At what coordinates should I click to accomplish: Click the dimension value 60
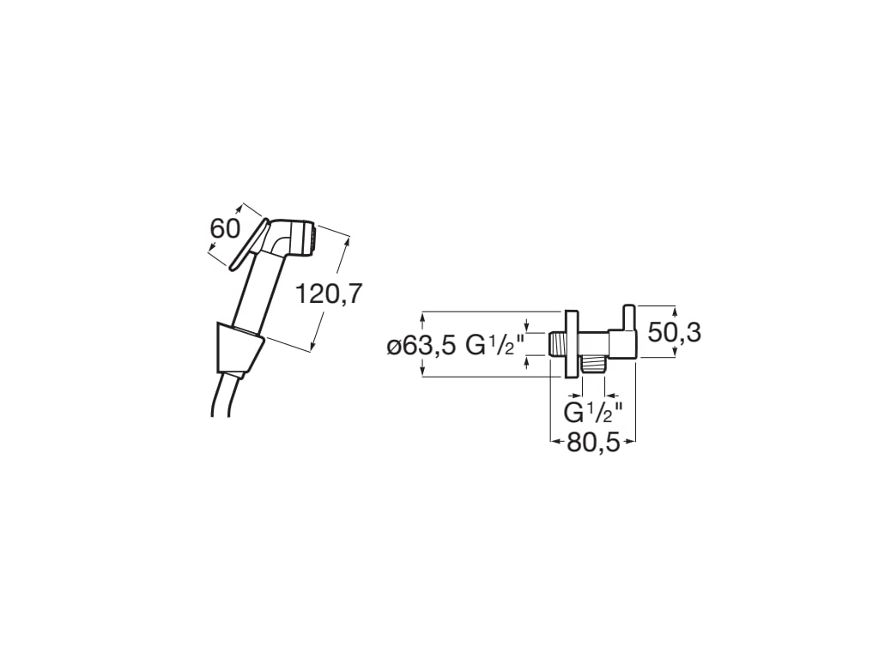click(224, 228)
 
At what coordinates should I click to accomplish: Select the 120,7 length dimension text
click(329, 294)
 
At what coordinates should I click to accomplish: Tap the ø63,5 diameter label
click(422, 346)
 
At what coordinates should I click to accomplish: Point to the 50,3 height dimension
click(674, 332)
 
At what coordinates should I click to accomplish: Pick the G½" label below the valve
click(593, 412)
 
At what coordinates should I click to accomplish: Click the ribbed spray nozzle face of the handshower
click(314, 238)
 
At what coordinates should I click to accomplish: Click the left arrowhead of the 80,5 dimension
click(554, 441)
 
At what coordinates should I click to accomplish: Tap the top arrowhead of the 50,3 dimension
click(675, 310)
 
